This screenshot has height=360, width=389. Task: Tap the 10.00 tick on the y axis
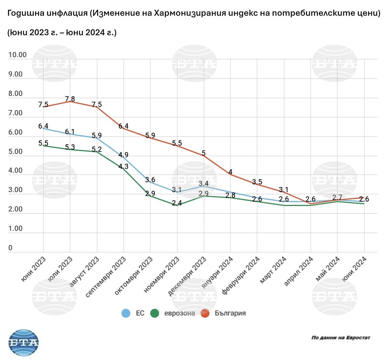17,55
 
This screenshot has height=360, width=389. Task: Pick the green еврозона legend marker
156,313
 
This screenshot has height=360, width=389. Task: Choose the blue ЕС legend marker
126,313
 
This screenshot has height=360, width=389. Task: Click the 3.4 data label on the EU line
204,183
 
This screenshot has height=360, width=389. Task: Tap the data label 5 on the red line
204,153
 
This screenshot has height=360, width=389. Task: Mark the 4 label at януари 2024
231,172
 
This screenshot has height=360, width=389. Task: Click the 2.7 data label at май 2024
338,197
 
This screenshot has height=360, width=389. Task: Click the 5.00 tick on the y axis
17,152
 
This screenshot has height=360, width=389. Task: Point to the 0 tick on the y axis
11,248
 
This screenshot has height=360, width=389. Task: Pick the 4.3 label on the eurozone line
123,166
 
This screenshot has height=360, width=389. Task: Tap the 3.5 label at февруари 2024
258,182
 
